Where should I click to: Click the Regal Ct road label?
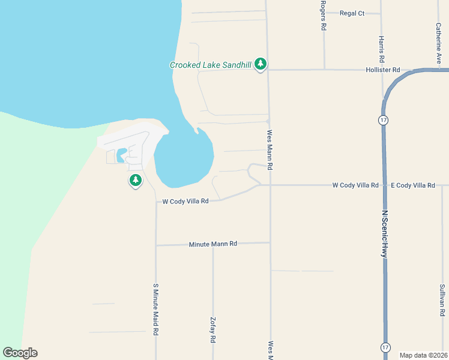[x=352, y=13]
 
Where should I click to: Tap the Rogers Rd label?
[x=323, y=16]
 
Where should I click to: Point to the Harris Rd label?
[x=381, y=50]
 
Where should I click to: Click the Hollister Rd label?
[x=383, y=70]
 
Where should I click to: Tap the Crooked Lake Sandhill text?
[x=210, y=65]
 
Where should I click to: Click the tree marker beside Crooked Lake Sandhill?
[x=260, y=64]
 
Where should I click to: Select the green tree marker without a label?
[x=136, y=180]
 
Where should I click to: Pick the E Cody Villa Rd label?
[x=412, y=185]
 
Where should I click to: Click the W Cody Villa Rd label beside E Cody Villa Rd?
[x=355, y=185]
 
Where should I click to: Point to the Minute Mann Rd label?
[x=213, y=244]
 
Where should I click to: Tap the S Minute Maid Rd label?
[x=155, y=308]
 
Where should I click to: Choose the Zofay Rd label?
[x=212, y=329]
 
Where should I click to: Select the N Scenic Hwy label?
[x=384, y=234]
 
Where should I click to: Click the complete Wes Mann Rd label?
[x=270, y=150]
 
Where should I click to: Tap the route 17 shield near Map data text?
[x=385, y=347]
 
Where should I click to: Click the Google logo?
[x=20, y=353]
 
